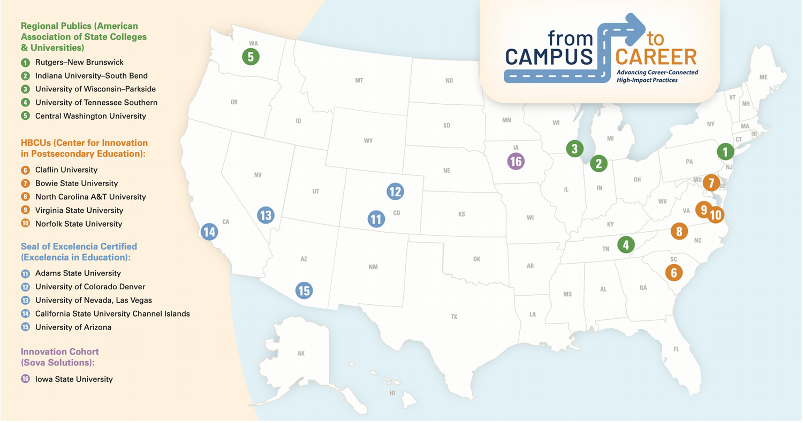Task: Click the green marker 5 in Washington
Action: tap(250, 56)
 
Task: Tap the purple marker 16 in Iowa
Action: tap(516, 161)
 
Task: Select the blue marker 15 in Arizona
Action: tap(304, 290)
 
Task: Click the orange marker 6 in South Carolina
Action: tap(673, 272)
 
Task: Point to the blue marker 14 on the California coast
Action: tap(209, 232)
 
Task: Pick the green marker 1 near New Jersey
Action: tap(725, 152)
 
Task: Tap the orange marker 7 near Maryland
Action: tap(711, 183)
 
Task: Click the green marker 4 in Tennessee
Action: tap(625, 245)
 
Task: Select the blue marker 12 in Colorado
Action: tap(395, 191)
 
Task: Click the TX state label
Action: tap(454, 317)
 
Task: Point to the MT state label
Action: tap(359, 80)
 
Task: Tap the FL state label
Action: tap(676, 349)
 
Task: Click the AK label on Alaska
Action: tap(301, 353)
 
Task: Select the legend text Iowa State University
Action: tap(74, 379)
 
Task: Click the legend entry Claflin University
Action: tap(66, 170)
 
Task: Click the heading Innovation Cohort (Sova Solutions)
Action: tap(60, 357)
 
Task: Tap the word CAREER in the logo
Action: tap(656, 57)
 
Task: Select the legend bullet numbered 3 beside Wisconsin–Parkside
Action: tap(25, 89)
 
